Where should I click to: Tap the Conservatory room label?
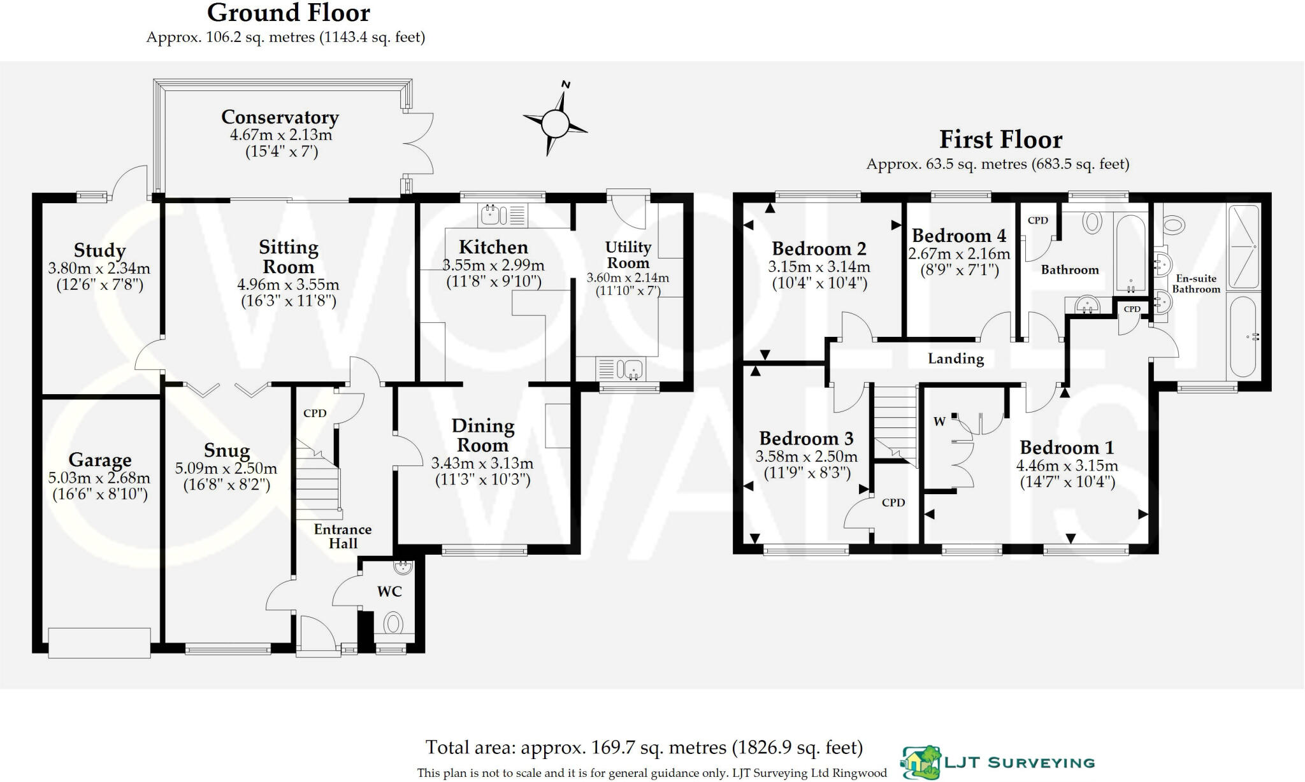coord(280,117)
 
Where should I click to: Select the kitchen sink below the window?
coord(503,215)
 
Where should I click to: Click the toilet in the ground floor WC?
coord(394,623)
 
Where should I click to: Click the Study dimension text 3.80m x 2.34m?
coord(99,268)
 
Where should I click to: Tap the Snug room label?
coord(227,450)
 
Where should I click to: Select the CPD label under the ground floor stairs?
coord(315,413)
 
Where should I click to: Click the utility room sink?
coord(621,369)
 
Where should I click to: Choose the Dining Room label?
coord(482,435)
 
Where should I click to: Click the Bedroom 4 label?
coord(959,236)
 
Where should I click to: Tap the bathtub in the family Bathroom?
coord(1130,253)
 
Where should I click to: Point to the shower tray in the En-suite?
coord(1243,246)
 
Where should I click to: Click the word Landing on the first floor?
coord(956,359)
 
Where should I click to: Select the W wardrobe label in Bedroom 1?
coord(939,421)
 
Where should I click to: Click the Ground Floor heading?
coord(289,13)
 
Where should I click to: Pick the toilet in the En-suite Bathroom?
coord(1171,224)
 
